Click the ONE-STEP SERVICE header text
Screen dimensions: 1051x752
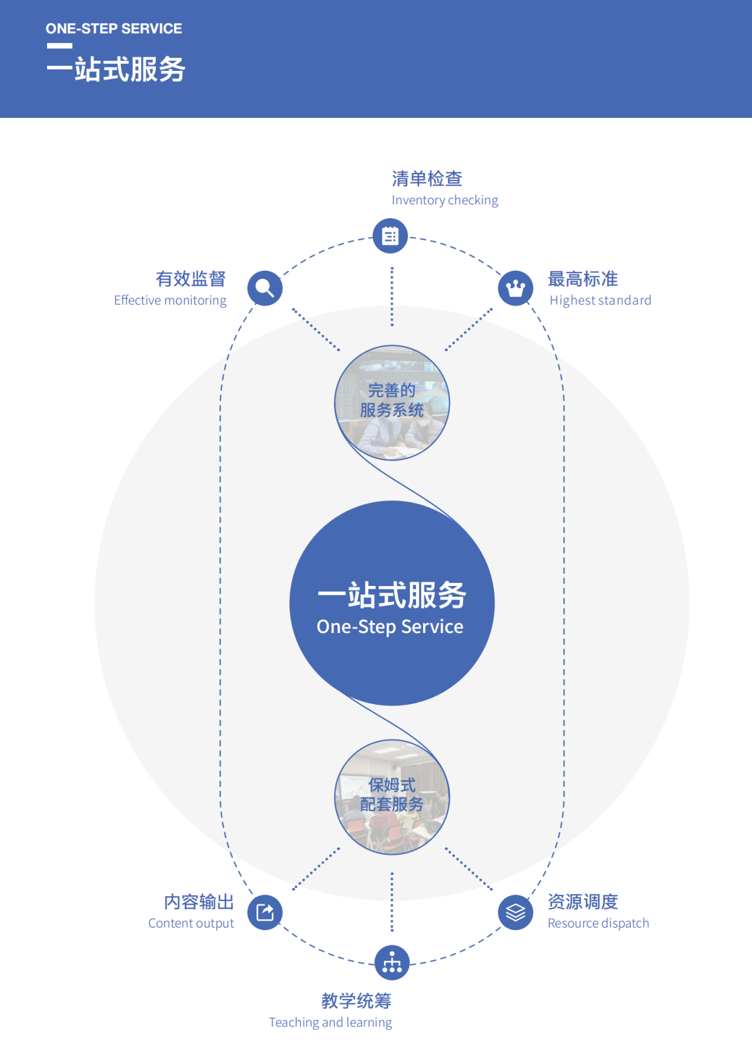[x=113, y=29]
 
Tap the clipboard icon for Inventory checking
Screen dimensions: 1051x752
[x=390, y=236]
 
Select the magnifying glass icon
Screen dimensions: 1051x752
[x=265, y=288]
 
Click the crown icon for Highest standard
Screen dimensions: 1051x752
[x=516, y=288]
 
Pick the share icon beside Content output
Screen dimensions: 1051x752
[x=265, y=912]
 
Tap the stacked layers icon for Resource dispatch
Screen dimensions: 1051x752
[x=516, y=912]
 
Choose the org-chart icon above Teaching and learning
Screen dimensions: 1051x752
[x=392, y=963]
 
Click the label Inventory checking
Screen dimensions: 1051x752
[x=444, y=200]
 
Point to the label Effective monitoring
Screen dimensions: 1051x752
[x=170, y=300]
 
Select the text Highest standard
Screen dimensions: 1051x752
[x=600, y=300]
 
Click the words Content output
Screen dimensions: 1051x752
[x=191, y=923]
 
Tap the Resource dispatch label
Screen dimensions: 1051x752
[x=598, y=923]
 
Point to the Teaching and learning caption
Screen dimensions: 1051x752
[x=330, y=1022]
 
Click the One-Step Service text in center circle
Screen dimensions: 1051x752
[x=390, y=627]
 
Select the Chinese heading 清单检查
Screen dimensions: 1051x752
[x=427, y=179]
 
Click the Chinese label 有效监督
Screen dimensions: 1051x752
[x=191, y=279]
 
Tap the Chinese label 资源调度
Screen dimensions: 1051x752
[x=583, y=902]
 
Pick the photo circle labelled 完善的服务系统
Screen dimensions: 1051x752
[x=392, y=403]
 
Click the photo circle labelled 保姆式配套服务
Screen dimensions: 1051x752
[x=392, y=797]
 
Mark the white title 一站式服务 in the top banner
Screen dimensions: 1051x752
[x=116, y=69]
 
